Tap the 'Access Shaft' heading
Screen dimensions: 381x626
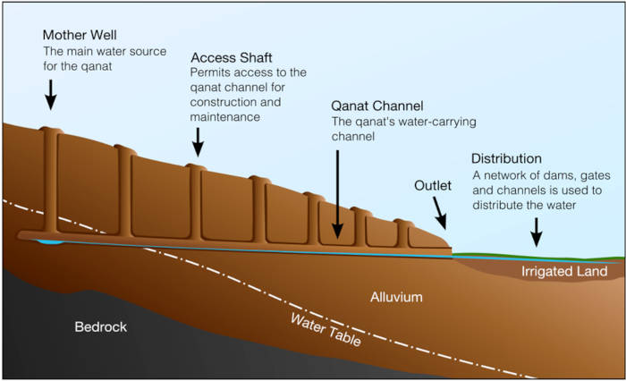(x=231, y=57)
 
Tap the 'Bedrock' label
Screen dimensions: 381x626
(x=100, y=326)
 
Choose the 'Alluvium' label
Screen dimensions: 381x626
(x=396, y=296)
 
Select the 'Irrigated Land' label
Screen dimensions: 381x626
(x=559, y=270)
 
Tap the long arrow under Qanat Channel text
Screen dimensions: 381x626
(x=338, y=192)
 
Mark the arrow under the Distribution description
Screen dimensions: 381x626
(x=536, y=232)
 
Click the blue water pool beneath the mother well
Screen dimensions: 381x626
(x=50, y=241)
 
